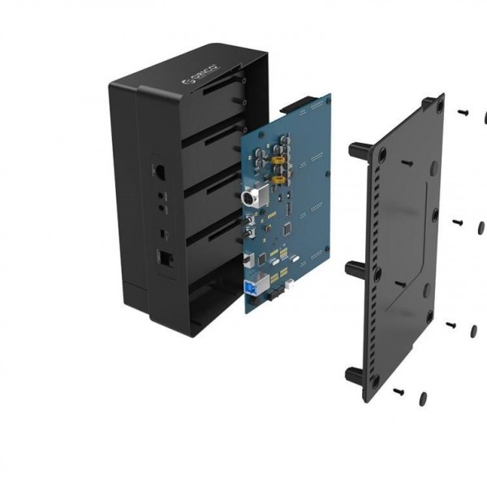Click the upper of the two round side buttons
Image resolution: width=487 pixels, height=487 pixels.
pos(161,196)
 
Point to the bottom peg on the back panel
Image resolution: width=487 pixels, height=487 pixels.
pos(355,375)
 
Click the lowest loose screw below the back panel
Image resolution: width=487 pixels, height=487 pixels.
pos(399,391)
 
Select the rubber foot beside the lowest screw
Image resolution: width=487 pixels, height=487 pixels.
pos(423,398)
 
